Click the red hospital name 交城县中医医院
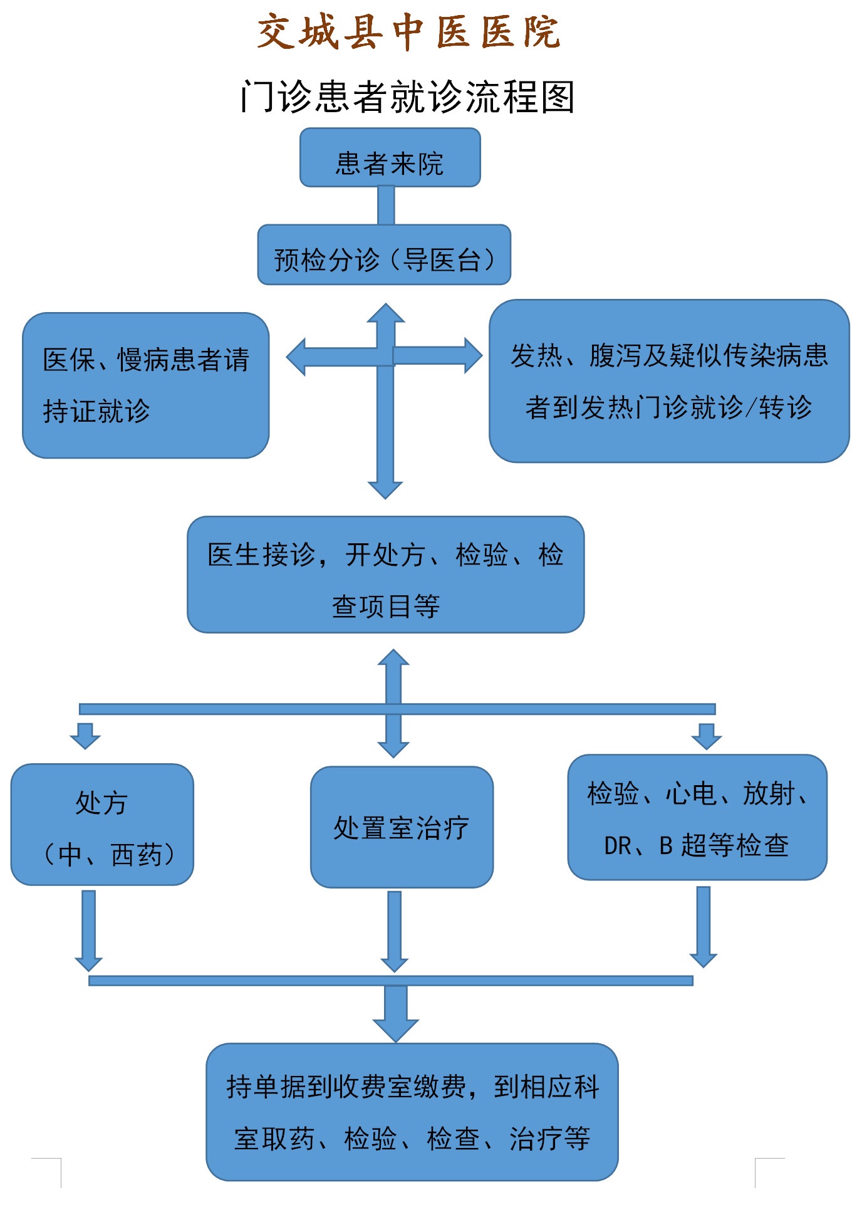click(408, 31)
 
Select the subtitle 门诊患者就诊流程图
click(408, 97)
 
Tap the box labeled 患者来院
click(390, 158)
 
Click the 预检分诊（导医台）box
click(384, 255)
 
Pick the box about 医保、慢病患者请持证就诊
click(145, 385)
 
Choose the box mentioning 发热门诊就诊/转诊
click(668, 381)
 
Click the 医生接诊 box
click(385, 575)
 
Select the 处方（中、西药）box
click(102, 825)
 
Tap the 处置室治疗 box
click(402, 827)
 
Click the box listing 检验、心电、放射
click(697, 818)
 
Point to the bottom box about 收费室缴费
click(412, 1112)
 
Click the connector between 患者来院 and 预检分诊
click(386, 206)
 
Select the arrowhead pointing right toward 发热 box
click(472, 355)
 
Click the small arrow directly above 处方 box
click(85, 736)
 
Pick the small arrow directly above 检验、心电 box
click(706, 736)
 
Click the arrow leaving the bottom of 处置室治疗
click(394, 931)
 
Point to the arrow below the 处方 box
click(88, 931)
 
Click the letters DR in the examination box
click(618, 846)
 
